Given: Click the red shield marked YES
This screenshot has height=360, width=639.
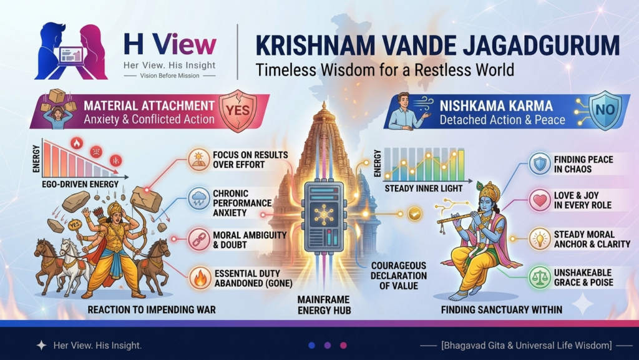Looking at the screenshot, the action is pos(238,111).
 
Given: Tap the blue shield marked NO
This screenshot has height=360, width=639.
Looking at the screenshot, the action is pos(606,110).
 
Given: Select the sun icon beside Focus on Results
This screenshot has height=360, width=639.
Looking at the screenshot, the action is pos(199,160).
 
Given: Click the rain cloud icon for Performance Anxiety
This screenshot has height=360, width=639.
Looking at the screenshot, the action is pos(199,200).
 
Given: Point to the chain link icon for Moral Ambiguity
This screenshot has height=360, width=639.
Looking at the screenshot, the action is pos(199,240).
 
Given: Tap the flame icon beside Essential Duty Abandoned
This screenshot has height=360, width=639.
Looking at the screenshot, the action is pos(200,278).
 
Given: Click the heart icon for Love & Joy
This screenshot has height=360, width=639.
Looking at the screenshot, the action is pos(540,200).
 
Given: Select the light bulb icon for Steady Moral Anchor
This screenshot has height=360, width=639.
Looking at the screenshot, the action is pos(540,238).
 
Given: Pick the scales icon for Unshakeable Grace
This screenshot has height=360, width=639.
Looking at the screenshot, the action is pos(540,277).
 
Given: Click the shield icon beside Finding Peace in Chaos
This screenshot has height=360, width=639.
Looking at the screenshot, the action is pos(540,163).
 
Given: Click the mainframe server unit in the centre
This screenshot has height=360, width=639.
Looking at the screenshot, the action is pos(324,213).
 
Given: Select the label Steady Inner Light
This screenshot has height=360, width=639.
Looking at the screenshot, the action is pos(424,188).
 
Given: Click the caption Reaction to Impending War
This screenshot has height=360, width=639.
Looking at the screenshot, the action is pos(152,310).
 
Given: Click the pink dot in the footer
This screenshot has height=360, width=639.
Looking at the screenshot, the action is pos(344,346).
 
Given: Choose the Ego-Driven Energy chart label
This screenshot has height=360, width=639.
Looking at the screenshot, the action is pos(80,184).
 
